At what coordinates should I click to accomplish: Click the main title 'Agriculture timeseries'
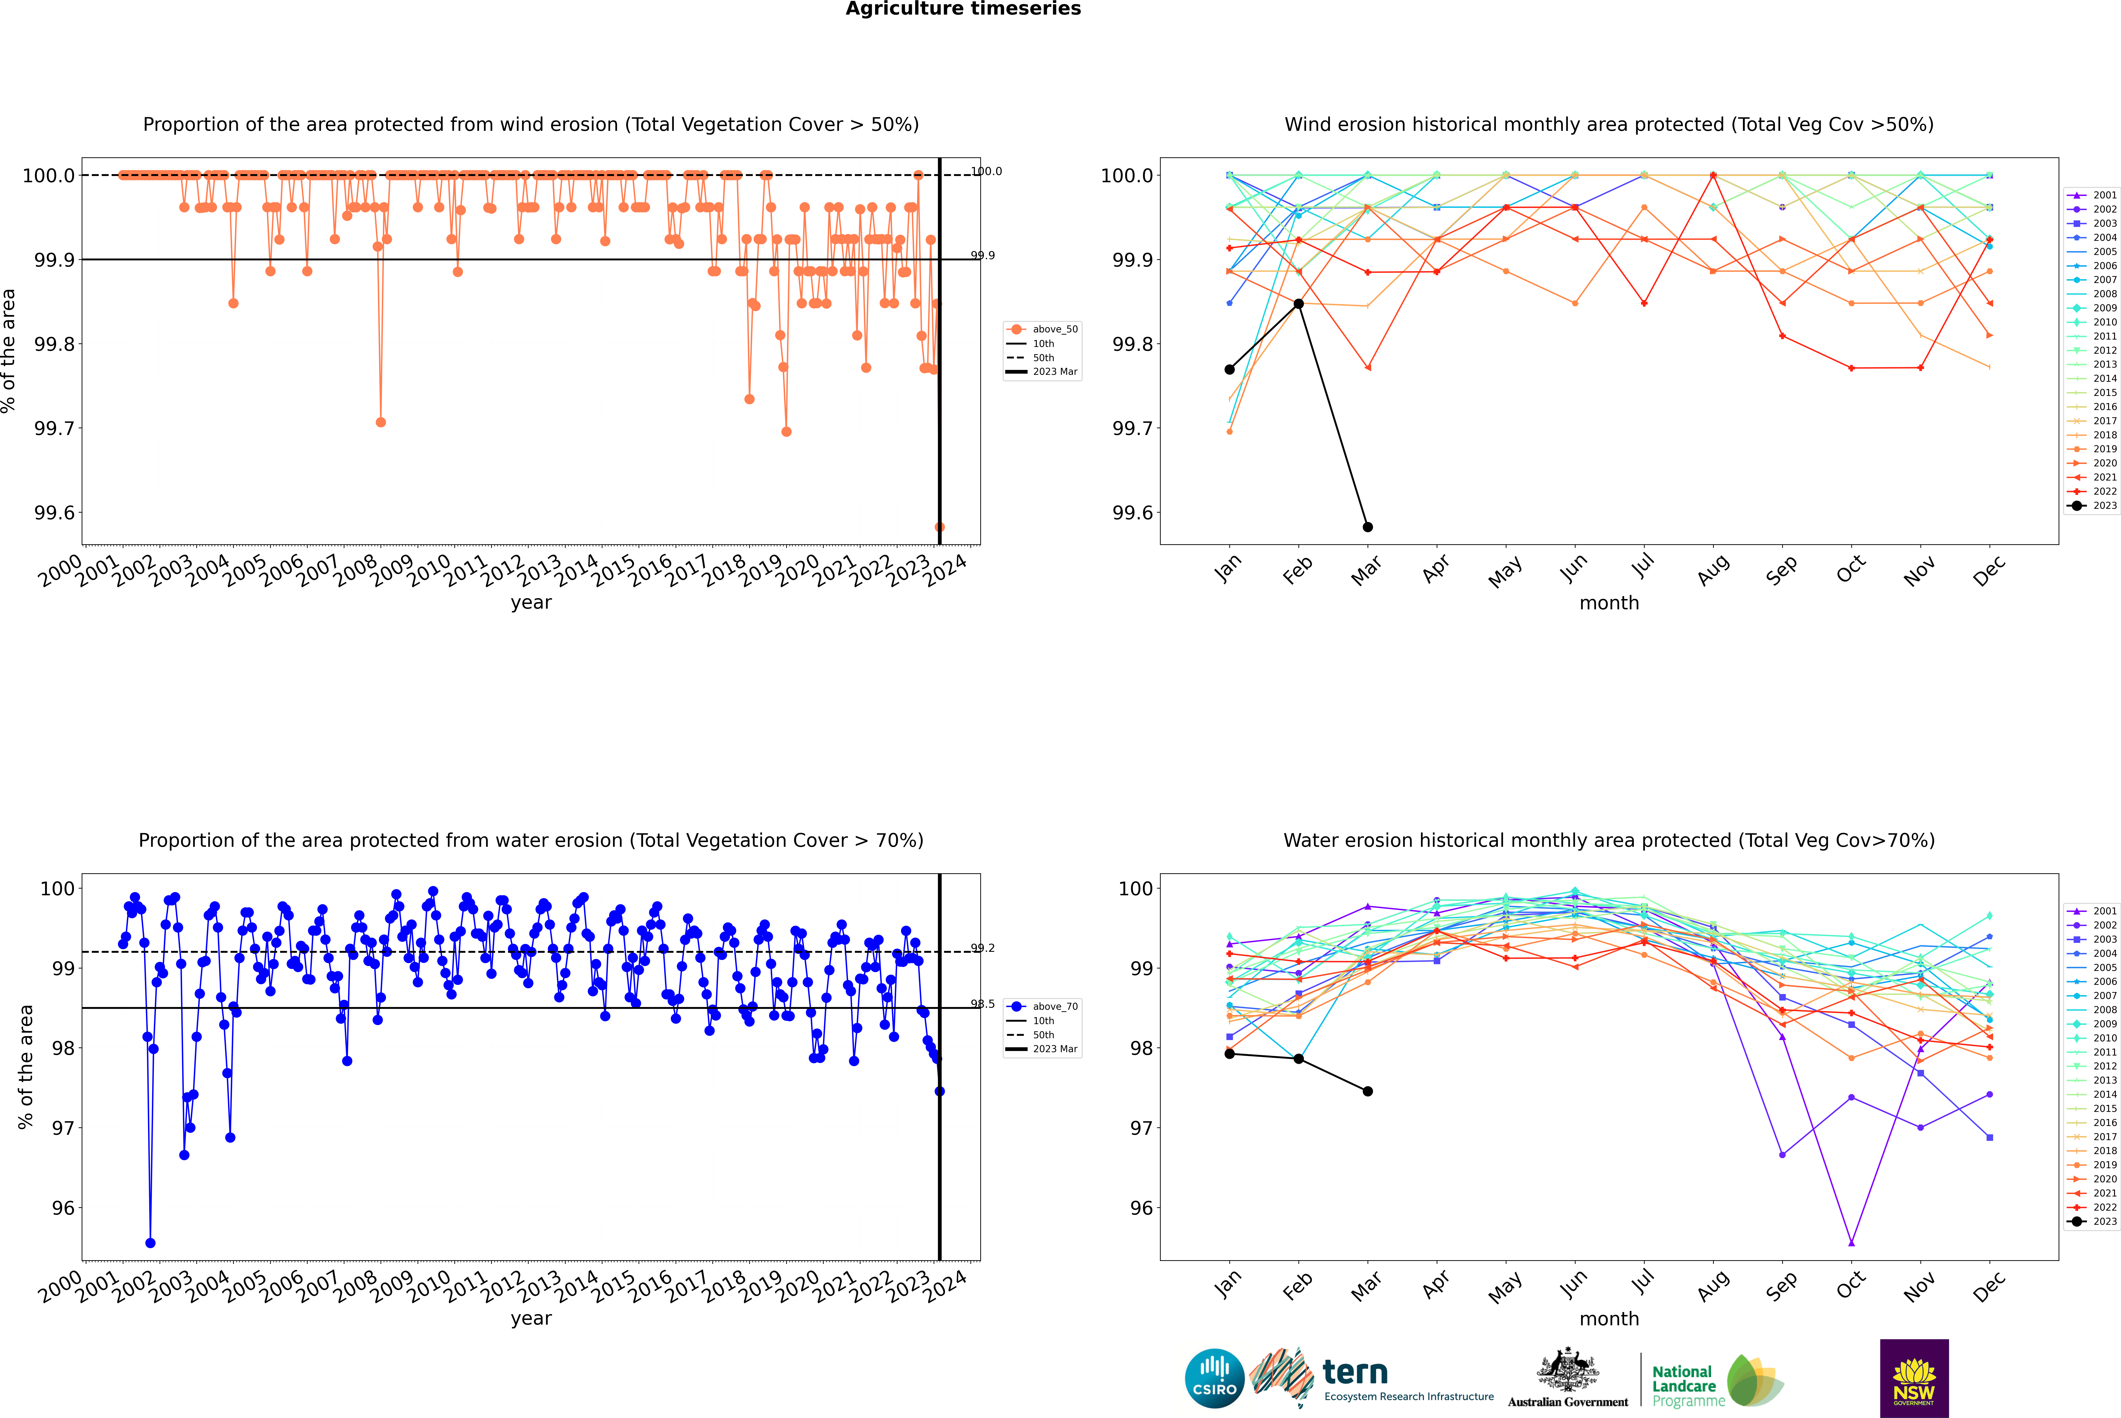963,9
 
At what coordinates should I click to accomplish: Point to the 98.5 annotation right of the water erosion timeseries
983,1004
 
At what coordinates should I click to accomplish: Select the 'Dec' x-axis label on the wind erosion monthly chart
1989,571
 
